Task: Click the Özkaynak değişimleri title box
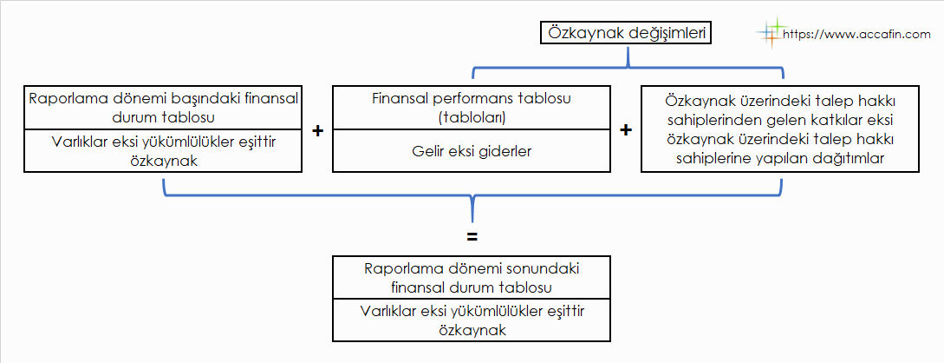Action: [627, 33]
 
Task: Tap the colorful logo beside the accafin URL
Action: [771, 32]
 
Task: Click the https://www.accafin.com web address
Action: [856, 35]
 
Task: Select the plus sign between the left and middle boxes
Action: [318, 131]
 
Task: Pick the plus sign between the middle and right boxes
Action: [626, 131]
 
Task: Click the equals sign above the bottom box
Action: [472, 237]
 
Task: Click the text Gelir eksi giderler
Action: [471, 151]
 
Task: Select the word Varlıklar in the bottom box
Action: [387, 312]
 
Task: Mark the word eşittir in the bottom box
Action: [563, 313]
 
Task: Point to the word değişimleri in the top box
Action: [667, 34]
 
